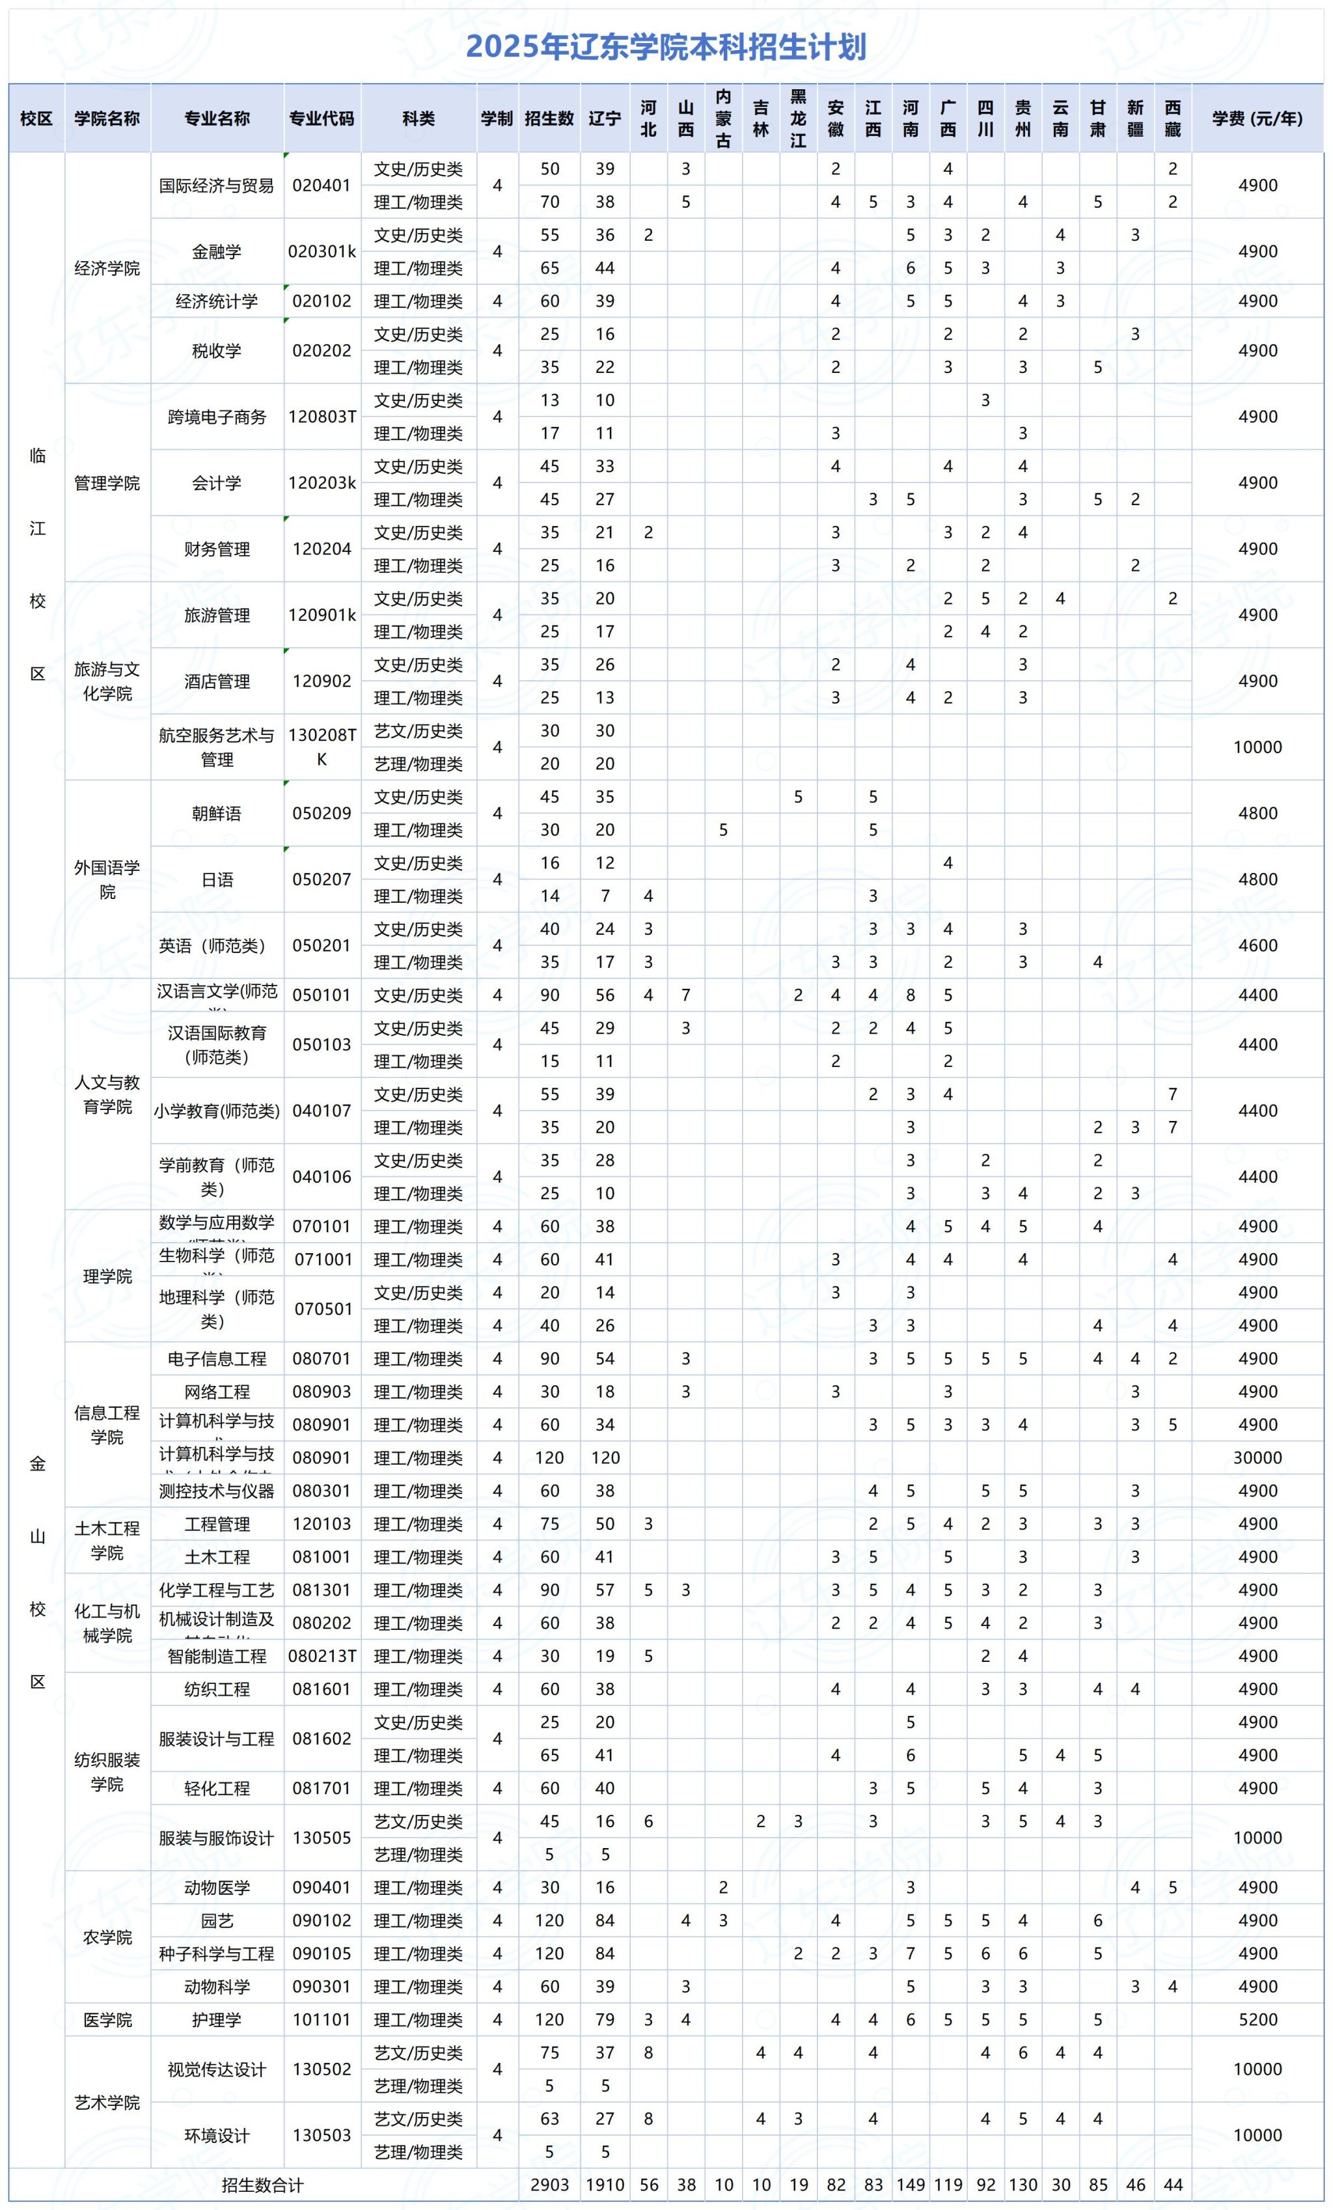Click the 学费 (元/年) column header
point(1257,118)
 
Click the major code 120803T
point(322,416)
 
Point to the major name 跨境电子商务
point(217,416)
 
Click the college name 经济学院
point(107,268)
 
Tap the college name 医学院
point(107,2020)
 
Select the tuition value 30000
point(1257,1457)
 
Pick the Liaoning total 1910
point(605,2185)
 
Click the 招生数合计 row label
point(263,2185)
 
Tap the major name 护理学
point(217,2020)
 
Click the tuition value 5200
point(1257,2020)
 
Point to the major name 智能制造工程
point(217,1655)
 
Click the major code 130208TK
point(322,746)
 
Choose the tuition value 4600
point(1257,945)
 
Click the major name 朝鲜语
point(217,814)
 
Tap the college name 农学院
point(107,1937)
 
